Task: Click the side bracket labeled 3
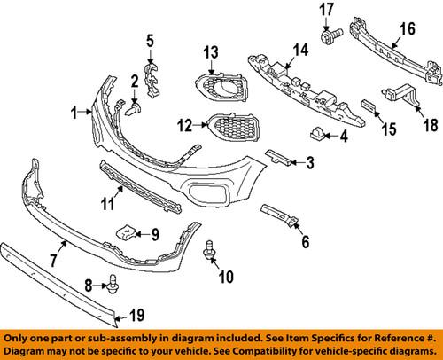[276, 157]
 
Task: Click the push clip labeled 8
[113, 284]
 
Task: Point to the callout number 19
[136, 312]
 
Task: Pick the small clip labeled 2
[136, 108]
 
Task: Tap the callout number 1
[75, 112]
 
